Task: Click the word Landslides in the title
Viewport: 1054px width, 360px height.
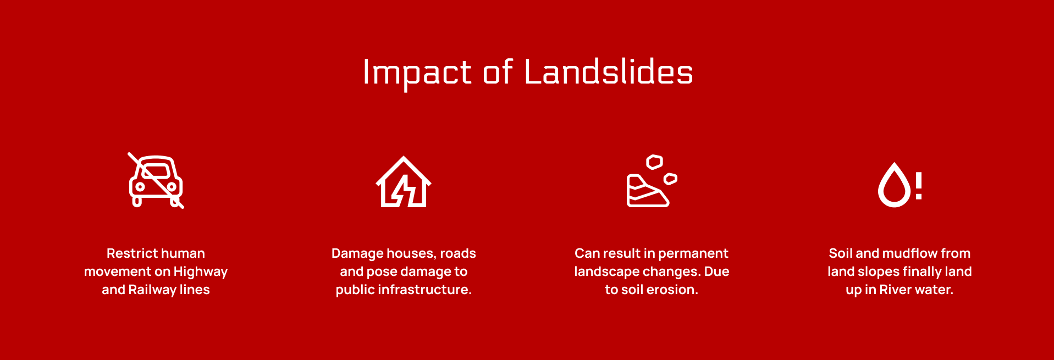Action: coord(609,72)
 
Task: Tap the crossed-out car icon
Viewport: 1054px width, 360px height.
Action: coord(156,181)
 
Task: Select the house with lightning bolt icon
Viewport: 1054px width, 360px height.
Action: coord(404,182)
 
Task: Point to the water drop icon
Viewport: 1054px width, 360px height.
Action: coord(894,185)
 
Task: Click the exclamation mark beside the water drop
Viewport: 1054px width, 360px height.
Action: coord(918,185)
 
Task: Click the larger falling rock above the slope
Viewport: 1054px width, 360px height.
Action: coord(654,162)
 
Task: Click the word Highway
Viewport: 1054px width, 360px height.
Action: coord(201,272)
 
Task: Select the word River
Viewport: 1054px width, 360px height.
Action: coord(894,290)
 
